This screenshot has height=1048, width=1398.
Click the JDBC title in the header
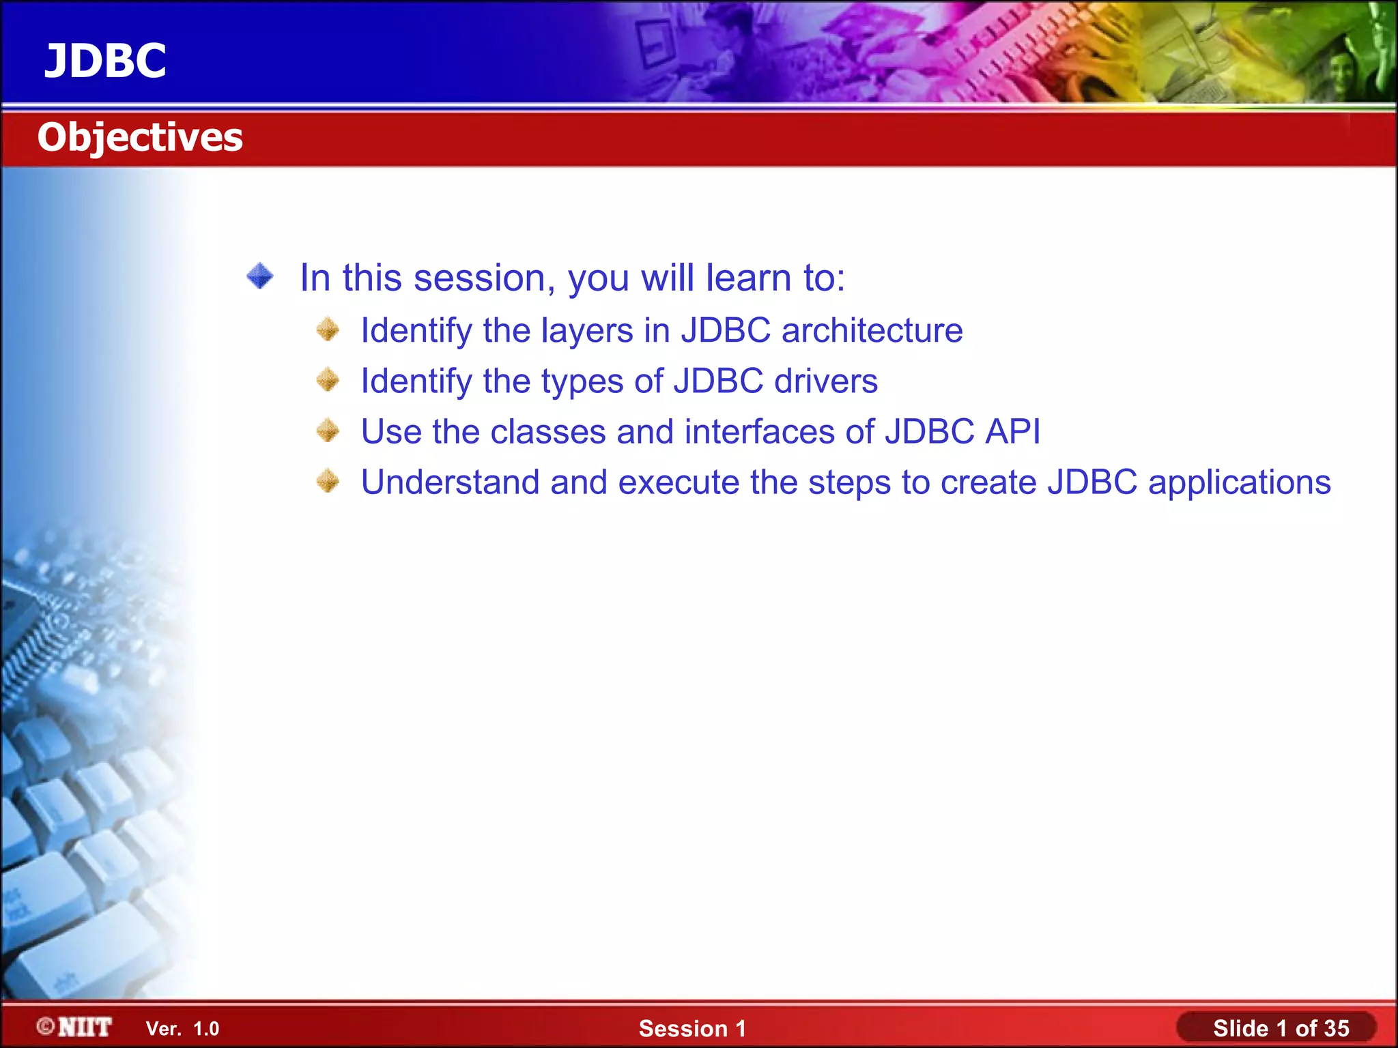click(105, 61)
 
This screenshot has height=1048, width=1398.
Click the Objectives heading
click(140, 137)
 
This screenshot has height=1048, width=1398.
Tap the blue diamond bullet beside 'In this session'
click(260, 276)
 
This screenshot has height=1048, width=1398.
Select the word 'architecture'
click(872, 331)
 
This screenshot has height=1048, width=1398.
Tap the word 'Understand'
click(451, 482)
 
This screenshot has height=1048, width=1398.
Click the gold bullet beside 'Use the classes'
click(328, 431)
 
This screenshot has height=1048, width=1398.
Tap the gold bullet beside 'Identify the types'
click(328, 379)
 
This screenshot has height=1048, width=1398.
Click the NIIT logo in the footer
click(85, 1027)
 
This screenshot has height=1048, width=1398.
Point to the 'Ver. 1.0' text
click(182, 1029)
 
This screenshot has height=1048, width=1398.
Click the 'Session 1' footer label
click(692, 1028)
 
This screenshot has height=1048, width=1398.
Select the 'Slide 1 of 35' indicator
click(1281, 1028)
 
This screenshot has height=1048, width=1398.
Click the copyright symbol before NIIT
click(46, 1026)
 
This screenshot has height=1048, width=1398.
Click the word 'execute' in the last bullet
click(679, 482)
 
